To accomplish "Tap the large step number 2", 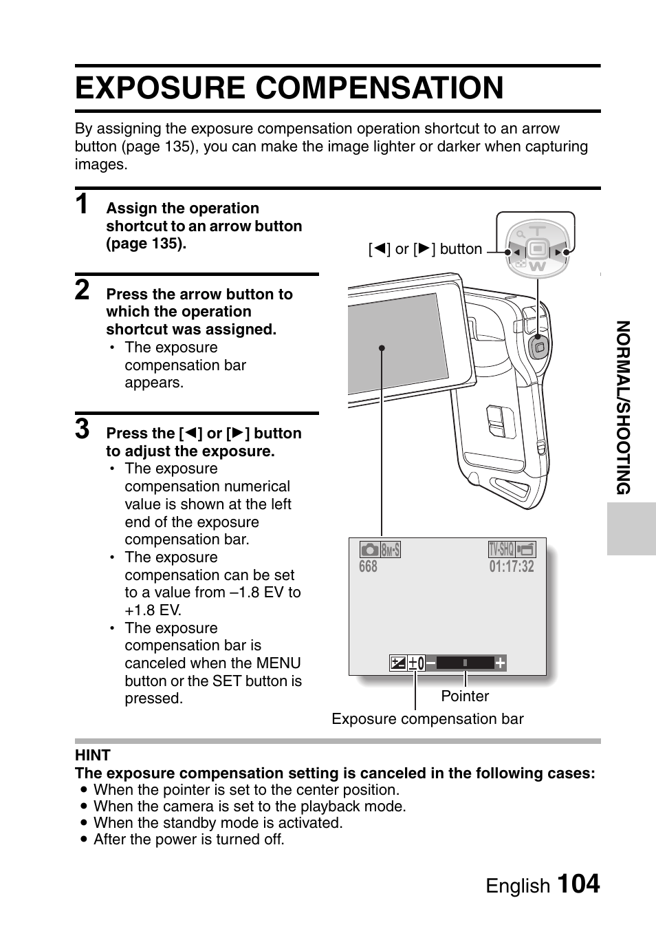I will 82,290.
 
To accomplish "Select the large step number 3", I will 82,429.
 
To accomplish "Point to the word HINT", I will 93,755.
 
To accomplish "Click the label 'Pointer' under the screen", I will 465,696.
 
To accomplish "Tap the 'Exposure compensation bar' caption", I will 427,719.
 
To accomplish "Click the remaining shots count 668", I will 368,566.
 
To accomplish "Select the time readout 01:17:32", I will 512,566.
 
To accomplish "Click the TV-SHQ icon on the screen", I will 501,549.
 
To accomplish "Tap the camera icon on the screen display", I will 369,549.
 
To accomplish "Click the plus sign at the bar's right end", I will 500,663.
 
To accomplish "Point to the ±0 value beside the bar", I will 416,663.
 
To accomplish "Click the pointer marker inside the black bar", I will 465,663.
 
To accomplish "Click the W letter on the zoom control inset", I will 538,266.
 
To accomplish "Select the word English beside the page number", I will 518,886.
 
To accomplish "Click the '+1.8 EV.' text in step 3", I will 153,610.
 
